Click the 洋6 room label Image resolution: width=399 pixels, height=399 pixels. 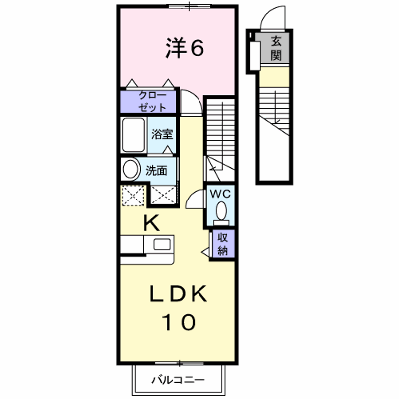pyautogui.click(x=185, y=48)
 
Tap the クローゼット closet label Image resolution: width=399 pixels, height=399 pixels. pyautogui.click(x=152, y=101)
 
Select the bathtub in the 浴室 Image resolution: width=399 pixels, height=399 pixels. pyautogui.click(x=133, y=135)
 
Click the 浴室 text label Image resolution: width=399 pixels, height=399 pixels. pyautogui.click(x=162, y=134)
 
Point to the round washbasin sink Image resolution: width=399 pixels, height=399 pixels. pyautogui.click(x=131, y=169)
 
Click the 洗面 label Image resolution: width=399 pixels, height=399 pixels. pyautogui.click(x=156, y=171)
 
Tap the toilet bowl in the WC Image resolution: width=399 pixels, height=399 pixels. pyautogui.click(x=221, y=211)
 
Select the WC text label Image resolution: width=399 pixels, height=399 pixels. pyautogui.click(x=220, y=194)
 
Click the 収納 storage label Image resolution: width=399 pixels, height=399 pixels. pyautogui.click(x=222, y=244)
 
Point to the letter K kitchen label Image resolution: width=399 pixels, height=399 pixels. pyautogui.click(x=151, y=223)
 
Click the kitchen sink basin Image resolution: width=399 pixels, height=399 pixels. pyautogui.click(x=162, y=245)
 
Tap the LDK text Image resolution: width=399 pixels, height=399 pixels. pyautogui.click(x=178, y=294)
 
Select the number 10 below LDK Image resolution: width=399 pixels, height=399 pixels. pyautogui.click(x=178, y=322)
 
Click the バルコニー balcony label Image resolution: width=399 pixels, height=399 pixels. pyautogui.click(x=179, y=380)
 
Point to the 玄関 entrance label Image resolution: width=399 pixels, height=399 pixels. pyautogui.click(x=276, y=48)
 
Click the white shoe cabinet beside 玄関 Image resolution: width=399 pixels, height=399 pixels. pyautogui.click(x=255, y=56)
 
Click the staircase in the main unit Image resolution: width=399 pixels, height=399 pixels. pyautogui.click(x=219, y=140)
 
